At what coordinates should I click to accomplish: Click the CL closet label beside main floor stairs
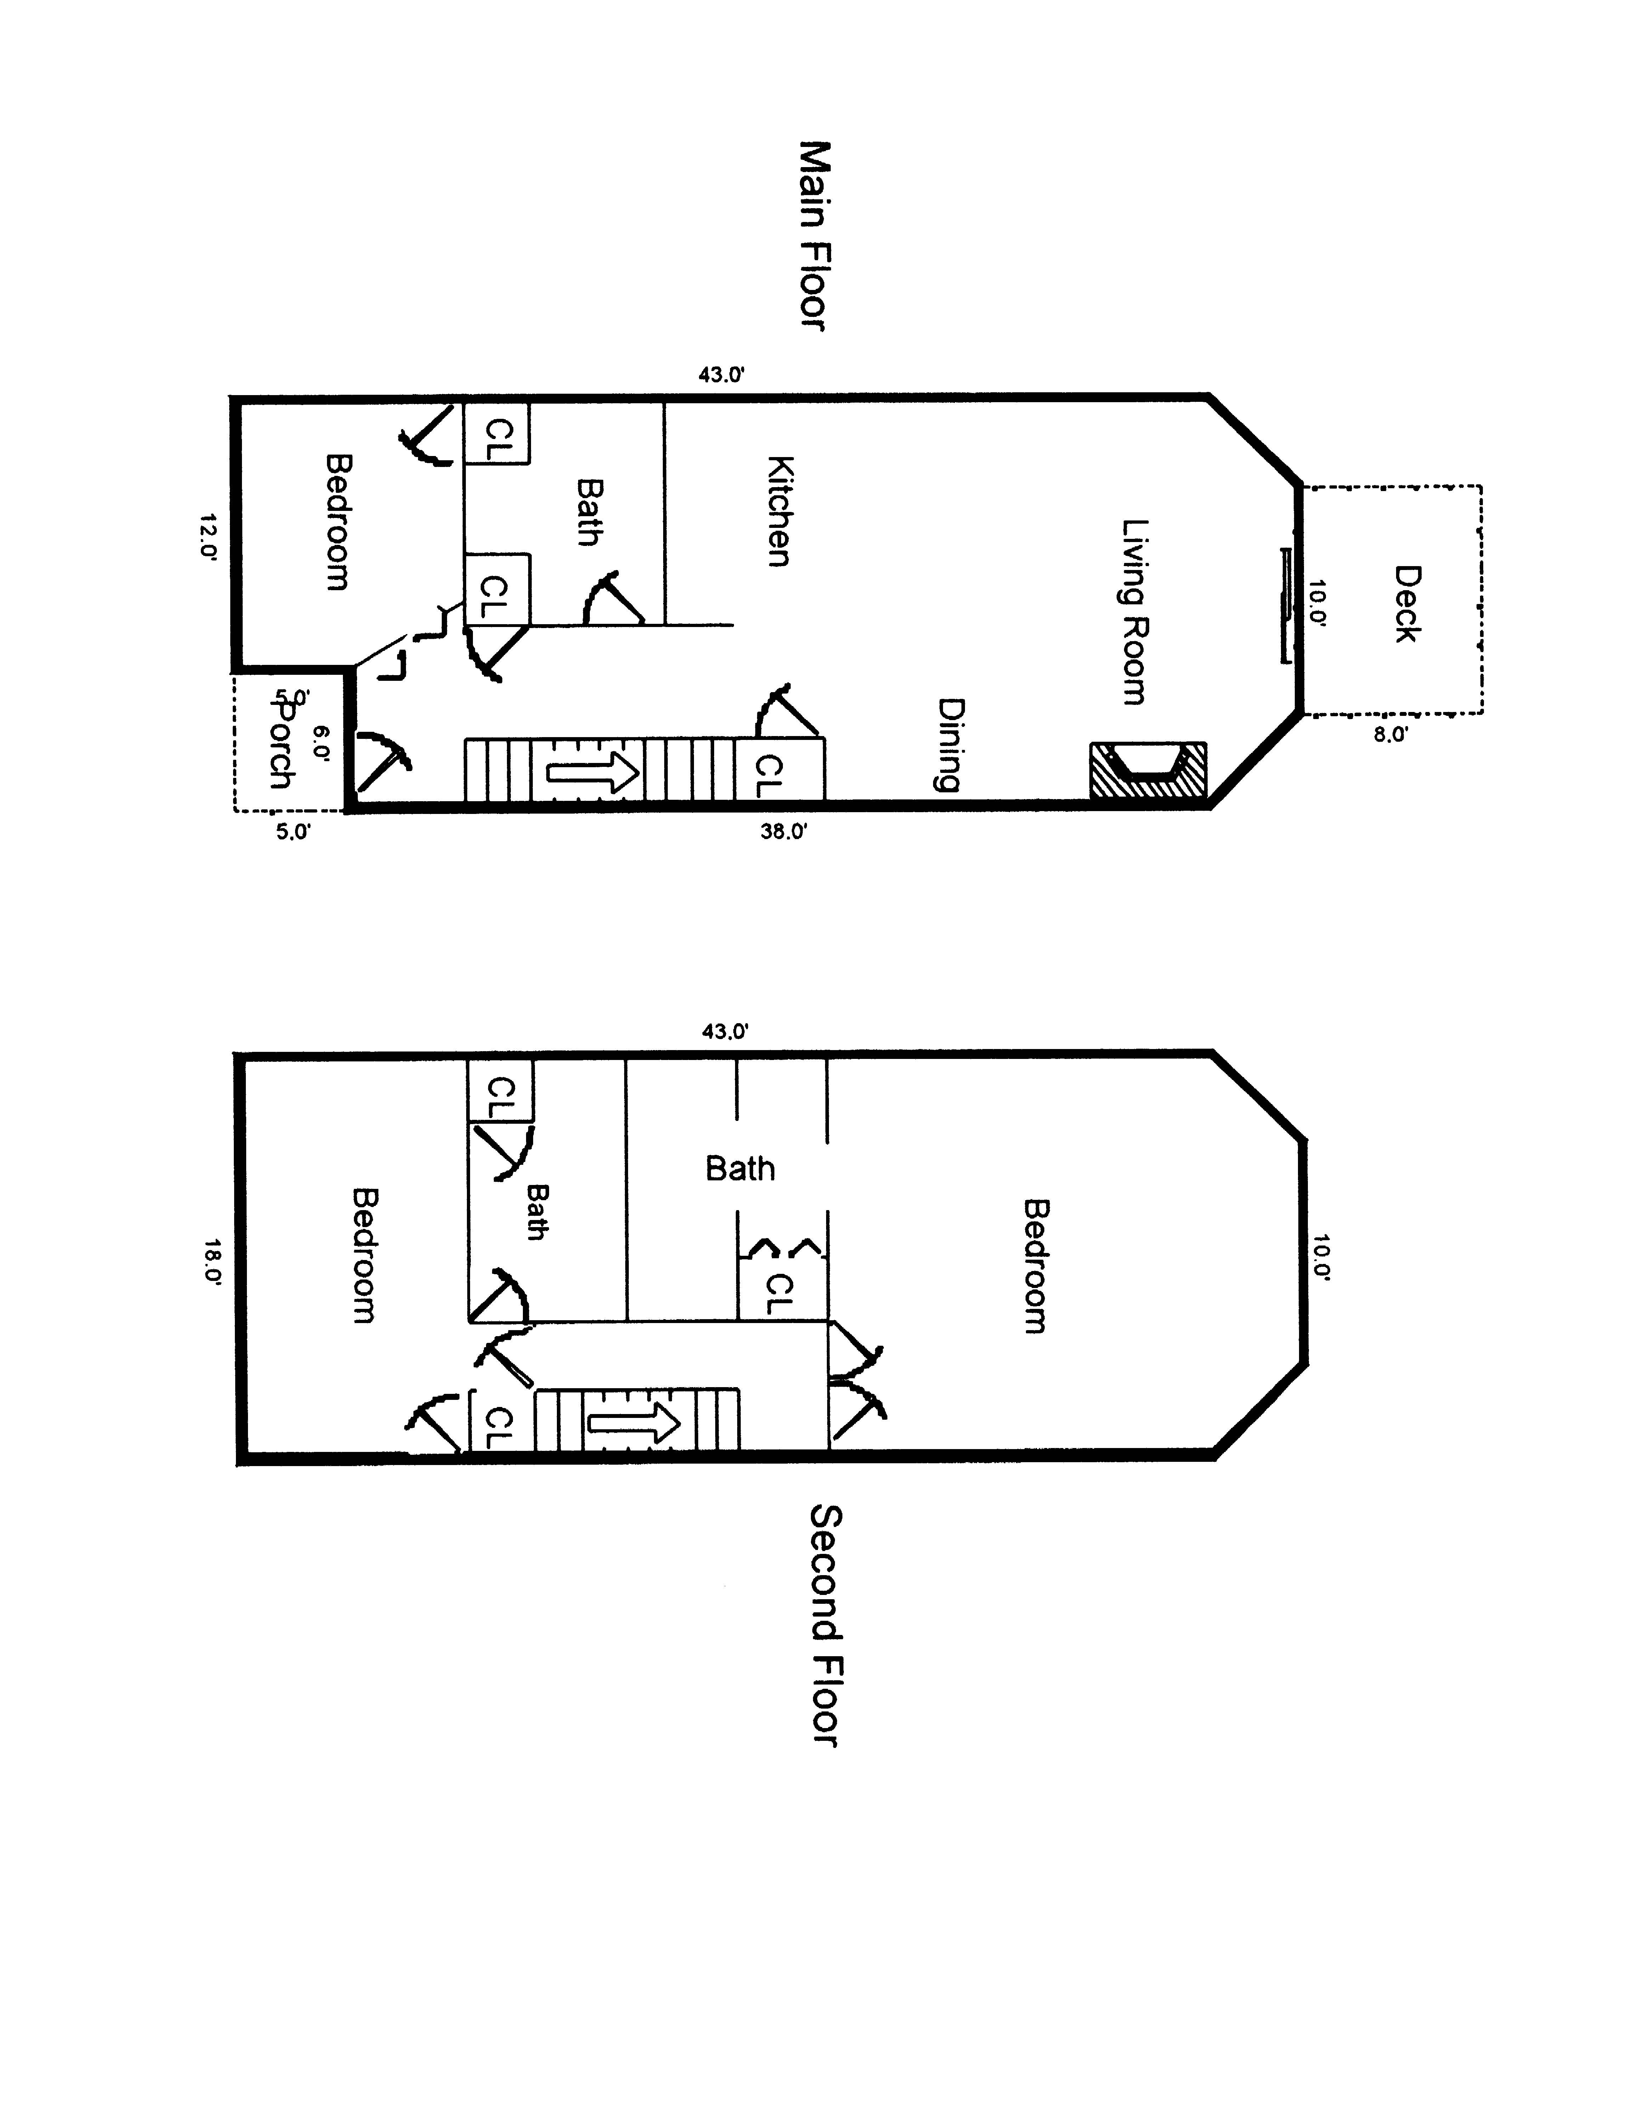(x=768, y=775)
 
